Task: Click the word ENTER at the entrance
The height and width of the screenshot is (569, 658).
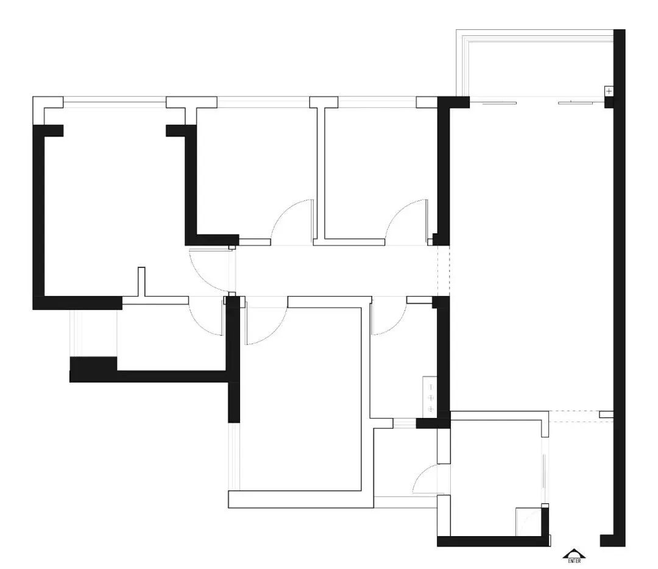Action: tap(574, 560)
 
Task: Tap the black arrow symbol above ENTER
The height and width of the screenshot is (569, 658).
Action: tap(574, 554)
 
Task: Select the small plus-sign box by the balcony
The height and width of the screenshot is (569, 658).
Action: tap(609, 91)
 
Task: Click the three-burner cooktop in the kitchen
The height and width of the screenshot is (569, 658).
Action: tap(430, 397)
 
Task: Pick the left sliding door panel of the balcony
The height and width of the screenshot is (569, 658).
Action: tap(499, 103)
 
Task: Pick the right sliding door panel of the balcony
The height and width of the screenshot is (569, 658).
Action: tap(575, 102)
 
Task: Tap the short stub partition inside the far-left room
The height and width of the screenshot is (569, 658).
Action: tap(141, 281)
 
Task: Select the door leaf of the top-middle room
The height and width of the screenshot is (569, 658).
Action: tap(312, 221)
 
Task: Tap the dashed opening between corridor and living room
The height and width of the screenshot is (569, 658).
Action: tap(444, 270)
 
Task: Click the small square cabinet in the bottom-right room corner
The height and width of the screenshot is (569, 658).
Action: tap(528, 522)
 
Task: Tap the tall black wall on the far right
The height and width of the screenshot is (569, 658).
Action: tap(620, 288)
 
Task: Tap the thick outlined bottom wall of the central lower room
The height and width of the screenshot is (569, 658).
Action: tap(301, 500)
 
